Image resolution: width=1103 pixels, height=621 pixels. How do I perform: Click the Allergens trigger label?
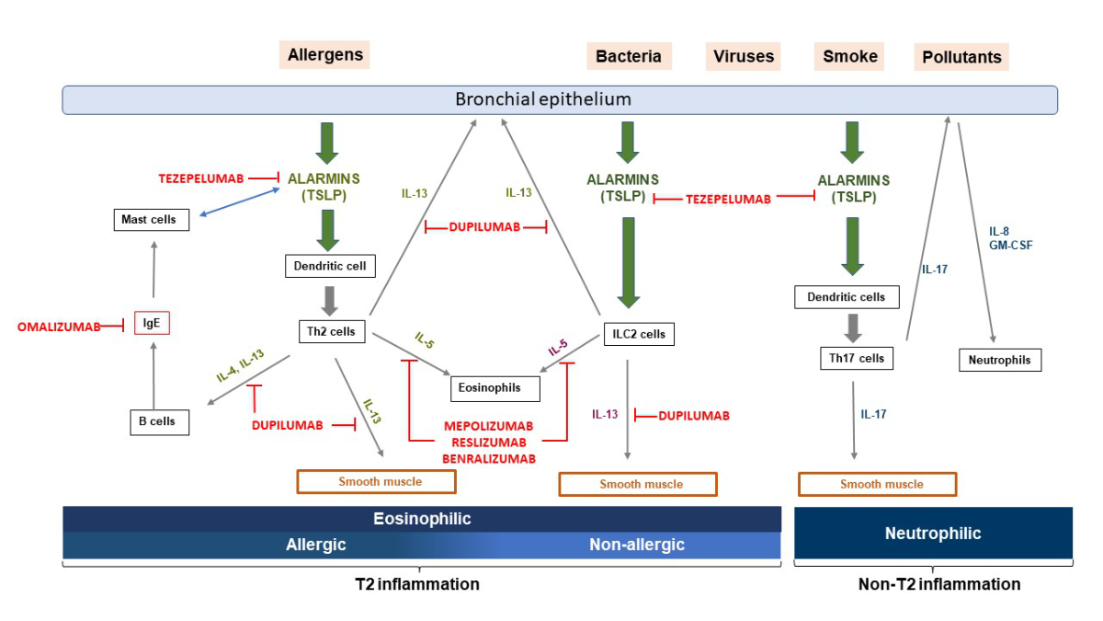(x=325, y=54)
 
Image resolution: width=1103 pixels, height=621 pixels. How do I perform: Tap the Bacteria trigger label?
(x=629, y=56)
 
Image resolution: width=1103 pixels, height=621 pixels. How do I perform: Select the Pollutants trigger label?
(x=961, y=57)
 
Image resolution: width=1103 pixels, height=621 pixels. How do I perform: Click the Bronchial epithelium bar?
(x=559, y=99)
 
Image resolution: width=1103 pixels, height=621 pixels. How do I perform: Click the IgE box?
(x=152, y=323)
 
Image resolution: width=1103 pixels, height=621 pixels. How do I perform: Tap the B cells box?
(x=159, y=421)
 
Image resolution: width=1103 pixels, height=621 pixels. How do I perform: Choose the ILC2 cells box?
(x=639, y=334)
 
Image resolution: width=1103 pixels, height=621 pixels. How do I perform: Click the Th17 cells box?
(x=857, y=358)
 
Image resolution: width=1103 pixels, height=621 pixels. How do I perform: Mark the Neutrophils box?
(x=1000, y=360)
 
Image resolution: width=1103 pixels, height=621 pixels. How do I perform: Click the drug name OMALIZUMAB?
(x=59, y=326)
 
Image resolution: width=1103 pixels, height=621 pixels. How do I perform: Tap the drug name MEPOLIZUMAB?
(x=488, y=427)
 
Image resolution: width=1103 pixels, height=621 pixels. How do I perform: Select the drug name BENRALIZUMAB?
(x=488, y=457)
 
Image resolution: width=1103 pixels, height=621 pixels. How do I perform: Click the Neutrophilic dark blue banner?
(x=933, y=534)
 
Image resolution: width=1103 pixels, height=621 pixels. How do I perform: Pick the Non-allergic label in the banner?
(x=637, y=545)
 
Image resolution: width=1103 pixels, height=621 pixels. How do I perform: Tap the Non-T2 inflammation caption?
(x=939, y=584)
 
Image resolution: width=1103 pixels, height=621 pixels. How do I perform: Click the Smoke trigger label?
(x=850, y=56)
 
